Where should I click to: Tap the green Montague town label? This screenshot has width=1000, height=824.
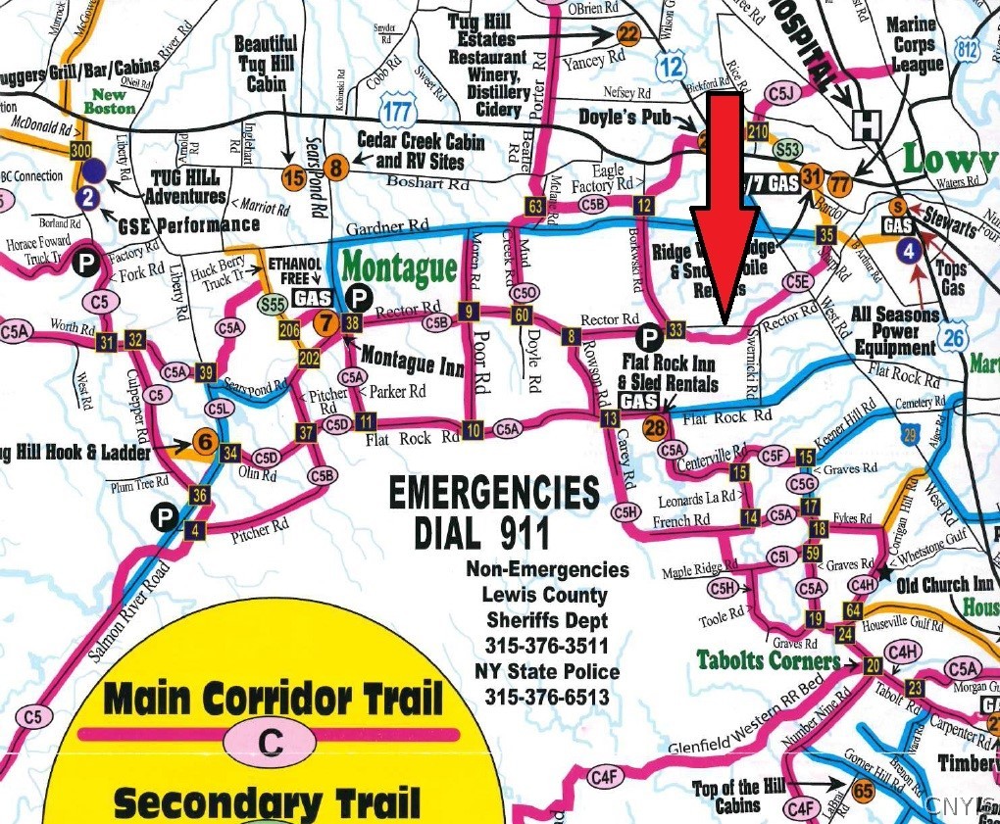click(399, 267)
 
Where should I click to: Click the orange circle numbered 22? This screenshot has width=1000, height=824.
click(628, 35)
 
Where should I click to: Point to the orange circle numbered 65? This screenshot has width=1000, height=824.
click(863, 791)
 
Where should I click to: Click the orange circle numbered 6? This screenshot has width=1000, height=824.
click(205, 442)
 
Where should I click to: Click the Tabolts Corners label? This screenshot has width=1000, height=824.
click(768, 660)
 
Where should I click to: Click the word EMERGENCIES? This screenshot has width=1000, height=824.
click(493, 492)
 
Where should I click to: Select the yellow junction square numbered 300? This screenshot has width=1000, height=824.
click(80, 150)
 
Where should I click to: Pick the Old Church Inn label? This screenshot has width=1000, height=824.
click(946, 585)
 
